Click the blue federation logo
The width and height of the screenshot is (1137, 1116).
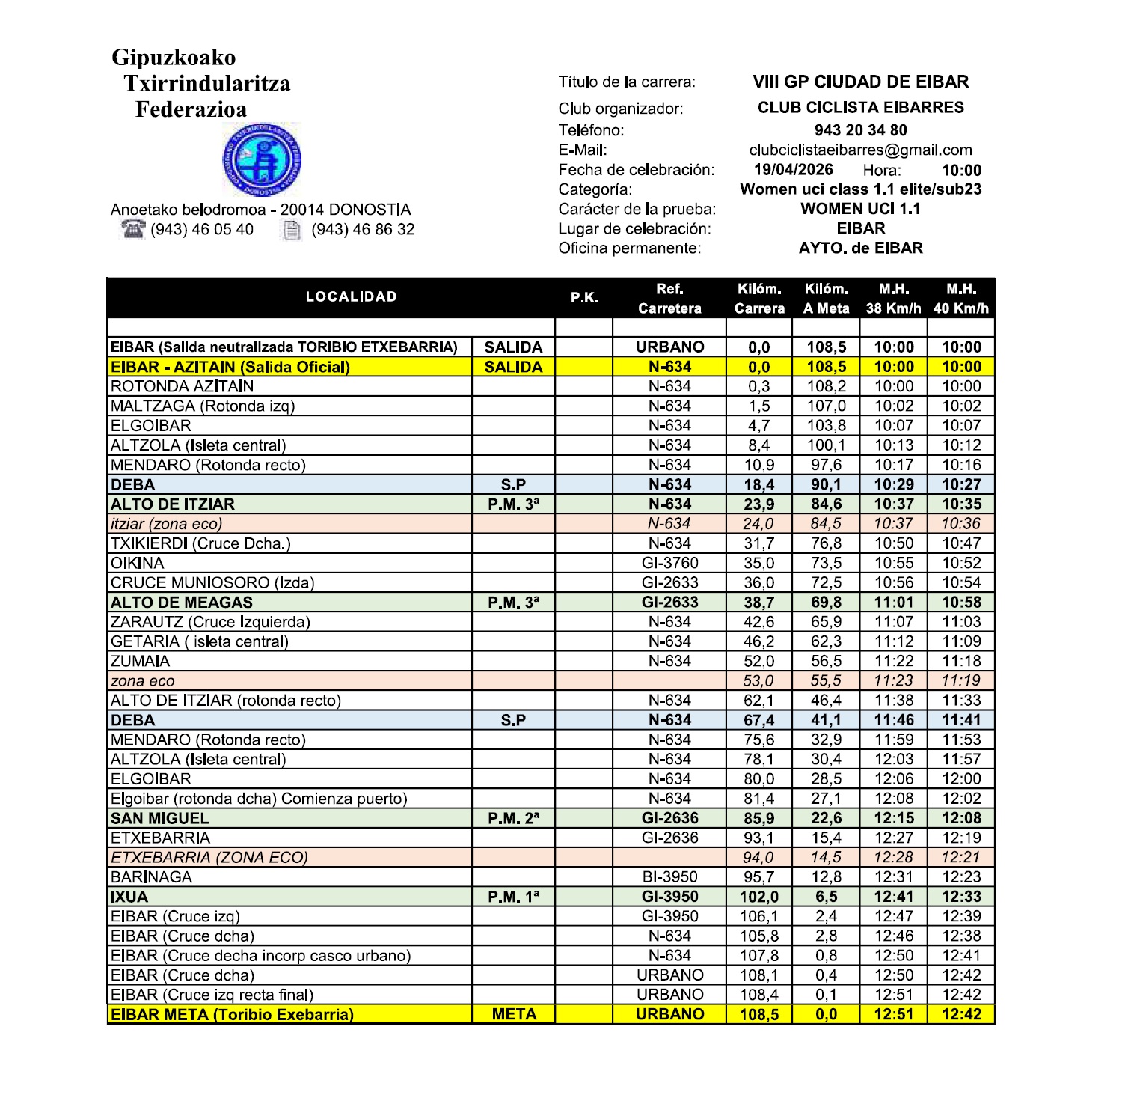click(262, 159)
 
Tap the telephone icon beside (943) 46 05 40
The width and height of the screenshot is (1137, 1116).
click(133, 229)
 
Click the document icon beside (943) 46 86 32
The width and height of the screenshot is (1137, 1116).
click(292, 230)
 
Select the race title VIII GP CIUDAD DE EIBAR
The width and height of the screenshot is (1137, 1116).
click(860, 82)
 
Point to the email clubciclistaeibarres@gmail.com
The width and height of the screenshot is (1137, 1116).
click(860, 150)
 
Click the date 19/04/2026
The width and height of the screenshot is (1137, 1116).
click(793, 170)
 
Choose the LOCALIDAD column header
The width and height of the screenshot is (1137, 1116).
click(351, 296)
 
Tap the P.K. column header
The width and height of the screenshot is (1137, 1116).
click(584, 298)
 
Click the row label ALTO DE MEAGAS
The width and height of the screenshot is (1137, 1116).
click(182, 603)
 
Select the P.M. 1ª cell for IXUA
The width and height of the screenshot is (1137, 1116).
click(513, 897)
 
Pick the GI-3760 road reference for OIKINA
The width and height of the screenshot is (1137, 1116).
click(669, 563)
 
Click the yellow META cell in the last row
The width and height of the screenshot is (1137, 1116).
click(514, 1014)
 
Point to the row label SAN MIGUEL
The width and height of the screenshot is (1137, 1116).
click(160, 818)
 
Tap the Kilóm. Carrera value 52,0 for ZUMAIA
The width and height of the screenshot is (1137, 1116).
click(758, 661)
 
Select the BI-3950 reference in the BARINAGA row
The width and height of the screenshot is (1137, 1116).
click(669, 877)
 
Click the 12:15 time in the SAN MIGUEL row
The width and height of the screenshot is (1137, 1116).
click(894, 818)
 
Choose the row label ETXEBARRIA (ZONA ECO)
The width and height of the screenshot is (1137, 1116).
click(209, 858)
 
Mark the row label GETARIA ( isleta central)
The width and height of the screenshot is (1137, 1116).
click(200, 641)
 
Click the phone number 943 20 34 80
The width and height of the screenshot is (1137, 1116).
click(860, 130)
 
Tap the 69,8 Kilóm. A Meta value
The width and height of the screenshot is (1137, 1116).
click(826, 603)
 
